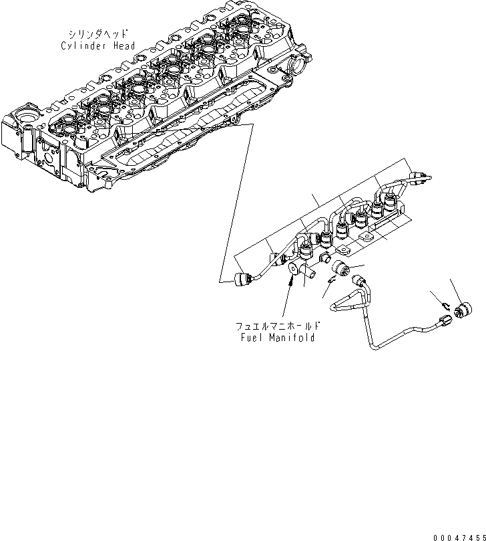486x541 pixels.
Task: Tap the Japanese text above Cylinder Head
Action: point(100,33)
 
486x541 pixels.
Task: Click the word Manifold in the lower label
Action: point(292,338)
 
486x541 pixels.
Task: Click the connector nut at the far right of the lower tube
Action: point(461,311)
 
